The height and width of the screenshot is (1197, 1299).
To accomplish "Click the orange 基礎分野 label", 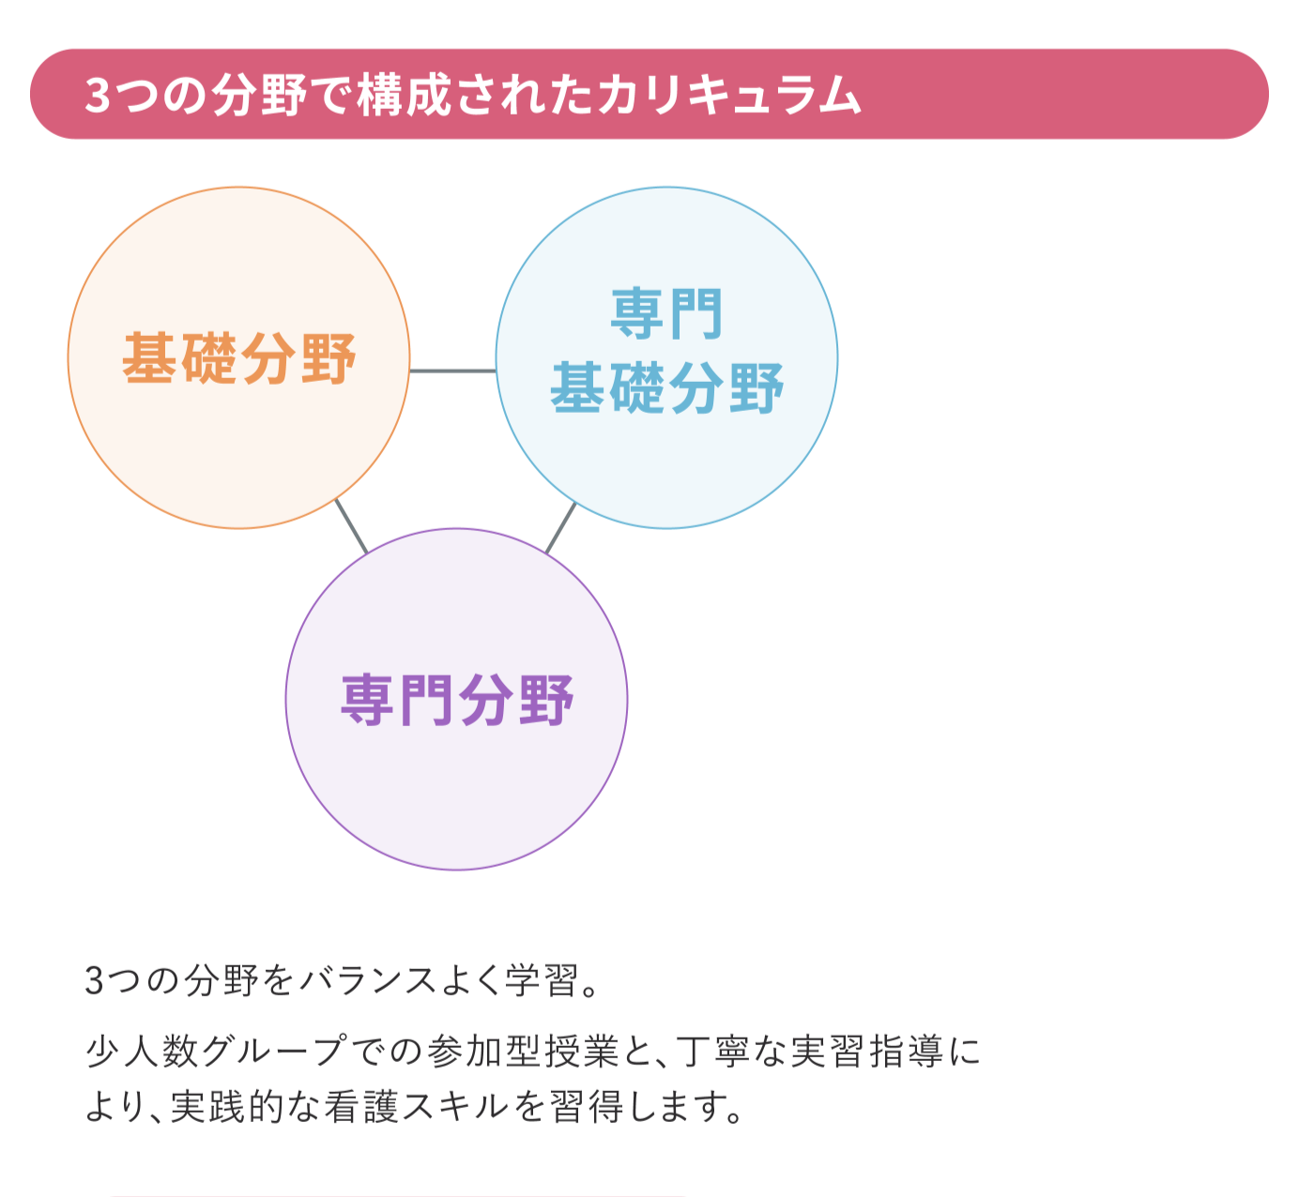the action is click(x=238, y=358).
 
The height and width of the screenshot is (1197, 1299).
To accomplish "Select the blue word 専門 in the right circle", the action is click(x=666, y=314).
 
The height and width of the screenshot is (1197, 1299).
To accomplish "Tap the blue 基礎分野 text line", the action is click(x=666, y=388).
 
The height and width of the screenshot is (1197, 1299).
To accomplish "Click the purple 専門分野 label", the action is click(x=456, y=700).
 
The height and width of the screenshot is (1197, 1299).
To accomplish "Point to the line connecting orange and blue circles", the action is click(x=452, y=371).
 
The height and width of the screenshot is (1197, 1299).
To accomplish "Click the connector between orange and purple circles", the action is click(x=351, y=526).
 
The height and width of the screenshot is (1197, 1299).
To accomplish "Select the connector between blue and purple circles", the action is click(x=560, y=527).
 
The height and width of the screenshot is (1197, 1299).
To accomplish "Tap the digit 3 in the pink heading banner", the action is click(x=97, y=96).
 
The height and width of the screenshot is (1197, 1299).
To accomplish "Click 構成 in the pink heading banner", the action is click(x=405, y=95).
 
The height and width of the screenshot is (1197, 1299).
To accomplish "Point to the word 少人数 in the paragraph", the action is click(x=142, y=1052).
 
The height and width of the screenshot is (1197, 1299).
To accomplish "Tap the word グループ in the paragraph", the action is click(x=275, y=1052).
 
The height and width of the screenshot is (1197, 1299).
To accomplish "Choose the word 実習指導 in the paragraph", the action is click(x=866, y=1052).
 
